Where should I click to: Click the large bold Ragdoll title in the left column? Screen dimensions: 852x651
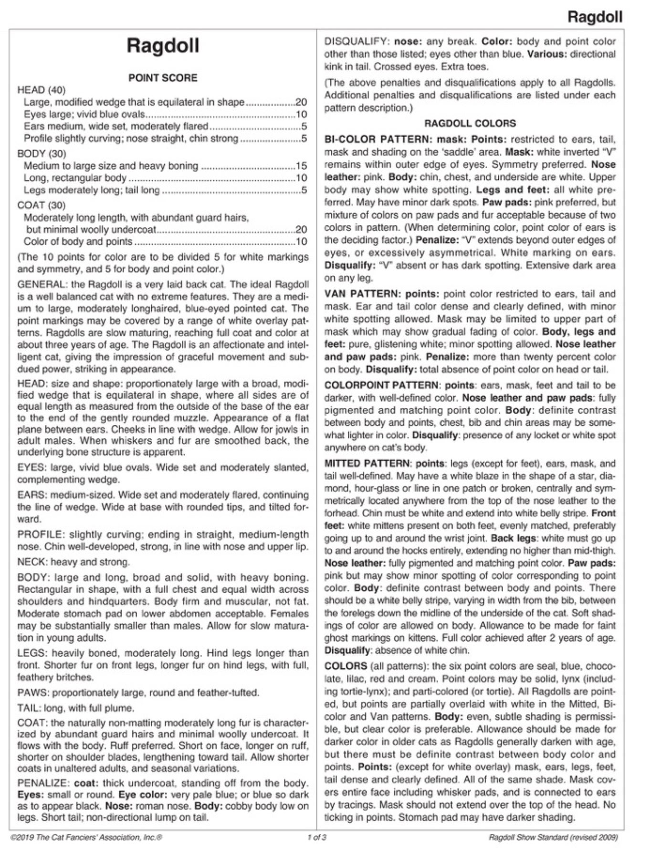[163, 46]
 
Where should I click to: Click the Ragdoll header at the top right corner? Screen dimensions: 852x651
[595, 17]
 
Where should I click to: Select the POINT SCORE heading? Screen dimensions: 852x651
[163, 78]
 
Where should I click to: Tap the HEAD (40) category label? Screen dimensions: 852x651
[41, 90]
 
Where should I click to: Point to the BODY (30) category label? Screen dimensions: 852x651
[41, 154]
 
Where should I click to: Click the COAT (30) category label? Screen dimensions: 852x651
[41, 205]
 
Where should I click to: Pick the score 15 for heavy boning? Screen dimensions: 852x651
[301, 166]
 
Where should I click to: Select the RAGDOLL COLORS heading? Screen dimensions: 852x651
[470, 124]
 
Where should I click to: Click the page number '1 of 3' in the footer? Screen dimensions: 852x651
[317, 837]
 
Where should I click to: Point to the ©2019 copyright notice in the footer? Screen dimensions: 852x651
[86, 837]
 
